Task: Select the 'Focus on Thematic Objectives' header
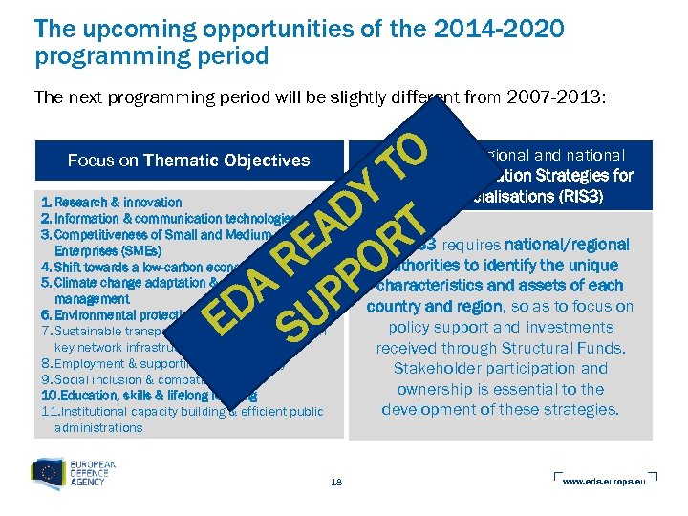click(188, 160)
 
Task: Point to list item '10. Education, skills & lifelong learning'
click(134, 395)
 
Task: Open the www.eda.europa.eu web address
click(604, 481)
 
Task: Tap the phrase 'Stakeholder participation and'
click(500, 368)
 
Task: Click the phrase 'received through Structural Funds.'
click(500, 347)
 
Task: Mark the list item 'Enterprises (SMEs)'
click(98, 251)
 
